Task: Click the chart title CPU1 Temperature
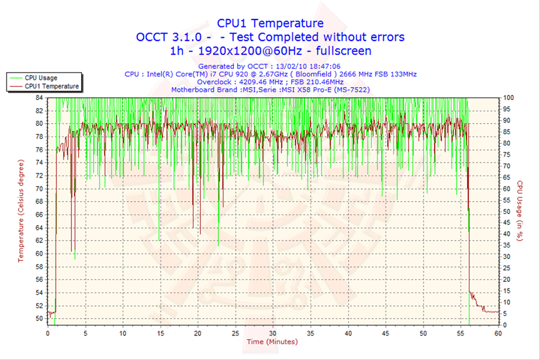point(270,23)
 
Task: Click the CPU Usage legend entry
point(40,77)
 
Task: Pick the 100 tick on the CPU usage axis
point(508,97)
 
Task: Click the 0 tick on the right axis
point(505,325)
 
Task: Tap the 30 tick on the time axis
point(272,332)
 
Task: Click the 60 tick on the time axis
point(498,332)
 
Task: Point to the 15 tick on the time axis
point(160,332)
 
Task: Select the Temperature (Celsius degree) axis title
point(20,211)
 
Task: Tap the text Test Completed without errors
point(316,37)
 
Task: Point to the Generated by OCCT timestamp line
point(270,66)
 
